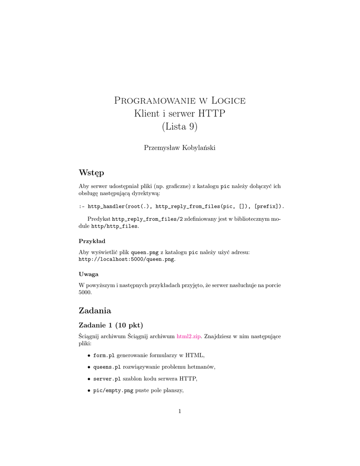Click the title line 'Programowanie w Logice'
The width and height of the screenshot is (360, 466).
point(180,101)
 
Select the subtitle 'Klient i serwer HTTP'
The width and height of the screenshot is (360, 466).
point(180,114)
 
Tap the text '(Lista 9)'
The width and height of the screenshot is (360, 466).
point(180,127)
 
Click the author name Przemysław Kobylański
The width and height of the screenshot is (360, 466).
point(180,147)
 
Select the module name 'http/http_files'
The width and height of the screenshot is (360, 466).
point(115,226)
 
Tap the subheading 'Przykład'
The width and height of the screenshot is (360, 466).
point(92,241)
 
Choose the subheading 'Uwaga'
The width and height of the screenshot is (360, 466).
point(89,274)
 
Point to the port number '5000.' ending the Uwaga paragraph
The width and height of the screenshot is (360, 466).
point(86,293)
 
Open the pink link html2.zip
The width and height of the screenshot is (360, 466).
point(189,336)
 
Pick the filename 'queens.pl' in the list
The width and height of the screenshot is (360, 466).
point(107,367)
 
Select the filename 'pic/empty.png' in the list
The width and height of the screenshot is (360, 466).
point(113,390)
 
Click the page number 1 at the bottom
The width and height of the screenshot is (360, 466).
point(180,411)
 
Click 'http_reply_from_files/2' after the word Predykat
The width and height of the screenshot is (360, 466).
point(147,219)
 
